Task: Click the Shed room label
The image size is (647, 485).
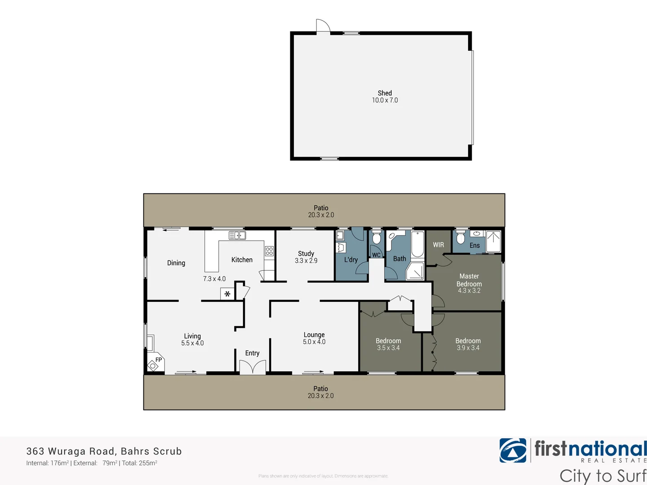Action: [385, 93]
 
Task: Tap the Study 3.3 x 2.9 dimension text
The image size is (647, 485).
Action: [306, 260]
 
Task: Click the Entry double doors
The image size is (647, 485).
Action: [253, 367]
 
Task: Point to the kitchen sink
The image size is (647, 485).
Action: [237, 235]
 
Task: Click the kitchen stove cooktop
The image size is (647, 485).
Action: [269, 251]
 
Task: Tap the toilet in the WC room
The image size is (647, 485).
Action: [377, 238]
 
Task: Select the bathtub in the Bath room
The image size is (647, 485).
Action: [417, 244]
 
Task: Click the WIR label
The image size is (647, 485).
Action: [438, 245]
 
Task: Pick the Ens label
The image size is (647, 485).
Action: [474, 245]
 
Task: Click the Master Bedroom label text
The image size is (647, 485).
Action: [469, 280]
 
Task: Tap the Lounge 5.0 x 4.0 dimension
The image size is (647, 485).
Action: [314, 342]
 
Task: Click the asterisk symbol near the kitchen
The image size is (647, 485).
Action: [227, 294]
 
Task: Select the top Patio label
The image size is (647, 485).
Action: [321, 208]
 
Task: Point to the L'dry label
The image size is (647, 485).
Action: [351, 260]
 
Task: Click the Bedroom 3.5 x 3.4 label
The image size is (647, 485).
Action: [388, 344]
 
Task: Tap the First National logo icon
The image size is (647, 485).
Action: [513, 450]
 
